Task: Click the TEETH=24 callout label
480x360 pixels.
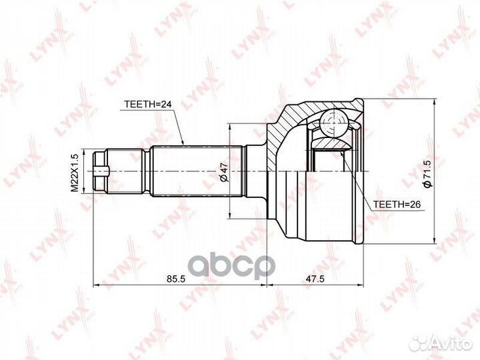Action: pos(148,104)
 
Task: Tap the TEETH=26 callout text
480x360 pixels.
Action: pos(397,204)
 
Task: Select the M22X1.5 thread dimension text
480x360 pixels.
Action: pos(75,173)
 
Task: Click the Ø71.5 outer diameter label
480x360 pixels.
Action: pos(427,173)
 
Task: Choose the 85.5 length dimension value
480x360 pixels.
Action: pos(176,279)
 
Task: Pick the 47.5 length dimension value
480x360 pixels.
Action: pos(315,279)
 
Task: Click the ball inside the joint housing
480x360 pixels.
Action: pos(333,123)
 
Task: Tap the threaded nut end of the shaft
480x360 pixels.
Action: pos(101,171)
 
